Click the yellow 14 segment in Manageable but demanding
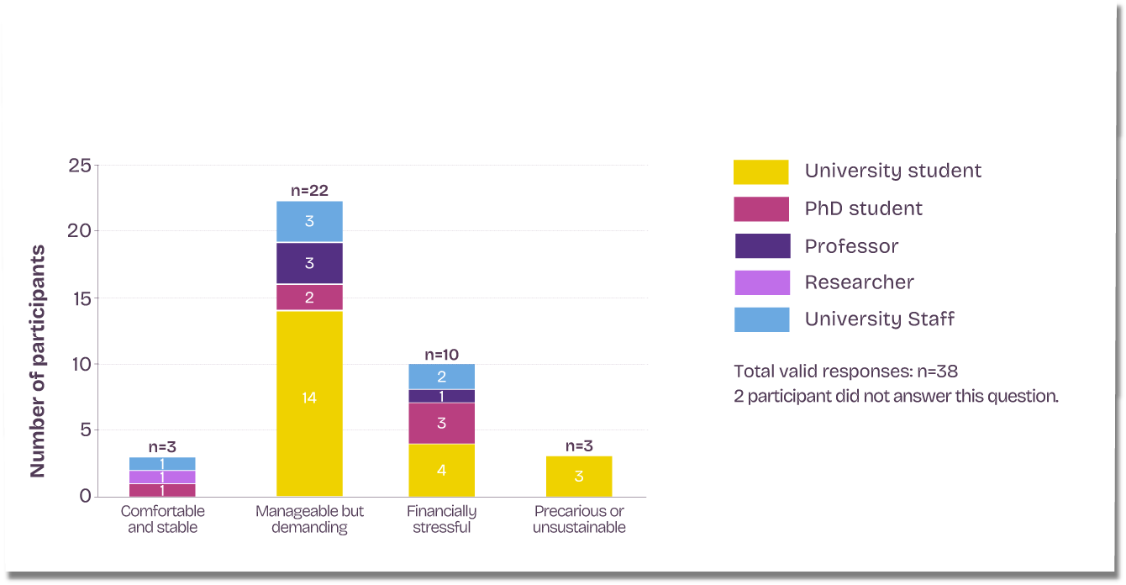tap(309, 403)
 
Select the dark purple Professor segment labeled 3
tap(309, 263)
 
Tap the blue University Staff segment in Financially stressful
tap(441, 377)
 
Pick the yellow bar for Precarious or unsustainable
tap(579, 477)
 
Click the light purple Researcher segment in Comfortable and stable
tap(162, 477)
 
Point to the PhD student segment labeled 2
tap(309, 298)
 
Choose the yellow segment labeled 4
tap(441, 471)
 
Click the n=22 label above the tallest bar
tap(309, 191)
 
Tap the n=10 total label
tap(441, 355)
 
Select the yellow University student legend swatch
tap(761, 172)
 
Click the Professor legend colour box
tap(762, 246)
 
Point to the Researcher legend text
tap(859, 282)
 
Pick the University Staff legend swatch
tap(761, 319)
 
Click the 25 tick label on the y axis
tap(80, 166)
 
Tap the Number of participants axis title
tap(38, 361)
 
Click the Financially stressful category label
tap(441, 519)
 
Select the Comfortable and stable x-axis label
tap(162, 519)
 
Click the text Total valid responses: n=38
tap(845, 372)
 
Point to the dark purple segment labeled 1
tap(441, 396)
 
